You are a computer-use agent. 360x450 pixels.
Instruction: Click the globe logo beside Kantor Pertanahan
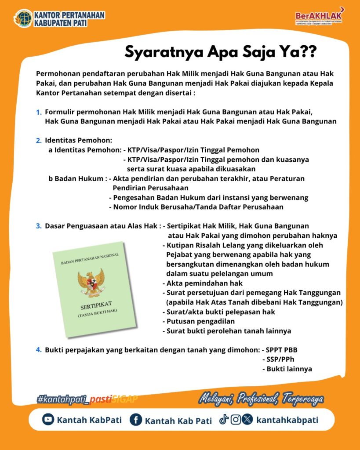point(23,18)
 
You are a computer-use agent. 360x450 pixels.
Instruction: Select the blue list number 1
point(39,112)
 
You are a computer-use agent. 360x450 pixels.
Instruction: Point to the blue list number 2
point(39,141)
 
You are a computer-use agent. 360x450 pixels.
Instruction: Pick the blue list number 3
point(39,226)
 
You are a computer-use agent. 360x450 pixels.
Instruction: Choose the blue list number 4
point(39,350)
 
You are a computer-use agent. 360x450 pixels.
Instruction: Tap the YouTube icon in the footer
point(48,420)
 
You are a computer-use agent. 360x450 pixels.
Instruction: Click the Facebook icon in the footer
point(136,420)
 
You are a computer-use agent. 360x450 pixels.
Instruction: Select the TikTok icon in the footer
point(224,420)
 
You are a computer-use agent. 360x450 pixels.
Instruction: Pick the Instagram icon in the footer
point(236,420)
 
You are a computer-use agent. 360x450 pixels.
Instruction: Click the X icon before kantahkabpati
point(247,420)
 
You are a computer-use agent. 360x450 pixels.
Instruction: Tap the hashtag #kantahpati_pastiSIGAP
point(87,399)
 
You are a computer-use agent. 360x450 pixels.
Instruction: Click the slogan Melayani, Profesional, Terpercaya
point(261,399)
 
